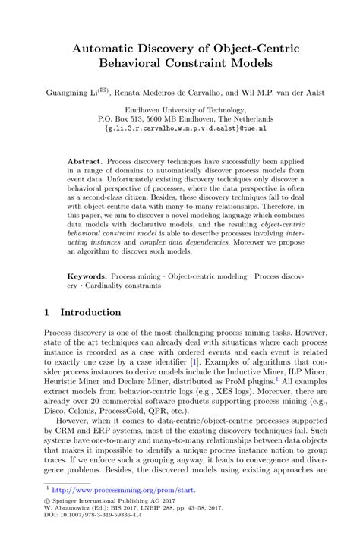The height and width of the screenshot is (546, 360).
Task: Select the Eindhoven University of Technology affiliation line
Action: click(x=180, y=110)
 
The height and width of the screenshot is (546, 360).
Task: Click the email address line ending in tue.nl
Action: click(x=180, y=130)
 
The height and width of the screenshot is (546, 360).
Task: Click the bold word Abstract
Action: click(x=84, y=163)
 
